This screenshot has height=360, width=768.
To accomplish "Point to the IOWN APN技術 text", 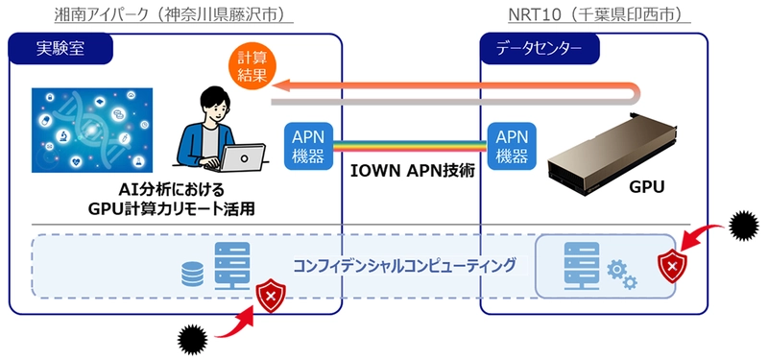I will coord(410,174).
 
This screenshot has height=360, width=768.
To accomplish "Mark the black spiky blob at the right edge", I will coord(744,228).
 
